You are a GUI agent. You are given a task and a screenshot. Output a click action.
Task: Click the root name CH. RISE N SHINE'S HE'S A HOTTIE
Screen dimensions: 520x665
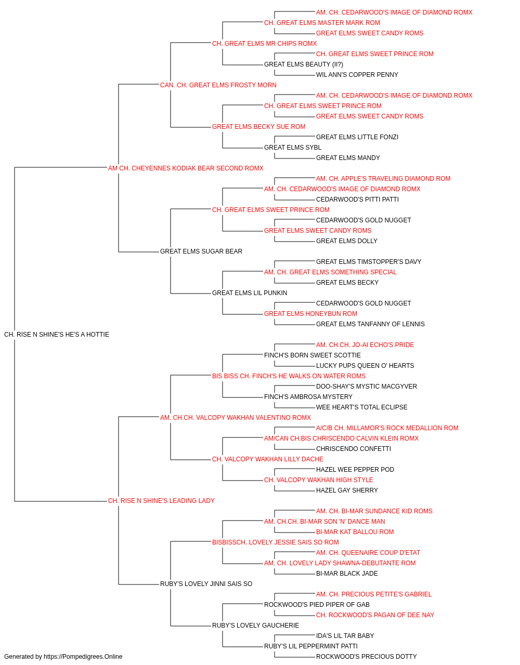[57, 335]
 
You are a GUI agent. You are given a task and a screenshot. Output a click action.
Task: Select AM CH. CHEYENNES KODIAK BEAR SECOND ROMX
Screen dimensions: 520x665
[186, 168]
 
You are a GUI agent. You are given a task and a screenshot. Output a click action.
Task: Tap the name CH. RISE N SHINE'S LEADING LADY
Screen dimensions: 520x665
[161, 501]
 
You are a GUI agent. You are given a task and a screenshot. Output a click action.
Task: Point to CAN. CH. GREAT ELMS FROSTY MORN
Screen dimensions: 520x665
[218, 85]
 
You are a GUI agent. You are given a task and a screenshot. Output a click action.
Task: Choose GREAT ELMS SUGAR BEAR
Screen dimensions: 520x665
[201, 251]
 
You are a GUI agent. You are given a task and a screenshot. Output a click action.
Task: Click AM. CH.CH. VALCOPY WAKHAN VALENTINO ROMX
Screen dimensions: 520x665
[236, 417]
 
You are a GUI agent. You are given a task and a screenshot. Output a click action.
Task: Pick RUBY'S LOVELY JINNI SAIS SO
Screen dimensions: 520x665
[206, 583]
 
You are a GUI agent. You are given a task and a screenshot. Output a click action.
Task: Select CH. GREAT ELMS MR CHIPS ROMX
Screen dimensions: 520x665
[265, 44]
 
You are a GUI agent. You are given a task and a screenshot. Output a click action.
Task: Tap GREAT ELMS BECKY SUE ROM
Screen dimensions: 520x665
[259, 127]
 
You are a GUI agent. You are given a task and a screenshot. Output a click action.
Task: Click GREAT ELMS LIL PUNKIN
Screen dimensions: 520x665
[250, 293]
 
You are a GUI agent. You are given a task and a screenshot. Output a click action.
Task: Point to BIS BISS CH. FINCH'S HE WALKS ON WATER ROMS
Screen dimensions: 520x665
[289, 376]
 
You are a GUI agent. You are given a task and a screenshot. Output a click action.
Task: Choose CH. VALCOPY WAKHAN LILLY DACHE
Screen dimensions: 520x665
[268, 459]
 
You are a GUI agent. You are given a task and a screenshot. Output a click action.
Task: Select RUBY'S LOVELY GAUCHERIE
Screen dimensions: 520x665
[255, 625]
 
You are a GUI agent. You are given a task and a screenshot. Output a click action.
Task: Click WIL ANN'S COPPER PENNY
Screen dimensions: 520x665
[357, 75]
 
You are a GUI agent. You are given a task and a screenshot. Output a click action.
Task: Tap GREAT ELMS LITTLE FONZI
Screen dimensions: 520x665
[357, 137]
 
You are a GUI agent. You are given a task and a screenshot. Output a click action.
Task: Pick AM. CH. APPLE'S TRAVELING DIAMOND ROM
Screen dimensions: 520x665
[383, 178]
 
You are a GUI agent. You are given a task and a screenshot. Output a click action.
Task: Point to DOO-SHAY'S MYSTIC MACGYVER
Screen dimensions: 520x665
[367, 386]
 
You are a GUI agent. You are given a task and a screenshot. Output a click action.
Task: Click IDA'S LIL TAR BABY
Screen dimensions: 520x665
[345, 635]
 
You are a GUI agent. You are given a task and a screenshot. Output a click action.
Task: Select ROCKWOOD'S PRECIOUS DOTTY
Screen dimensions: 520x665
[366, 657]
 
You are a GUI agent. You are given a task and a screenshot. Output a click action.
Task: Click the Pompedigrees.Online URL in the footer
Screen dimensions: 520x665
[83, 657]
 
